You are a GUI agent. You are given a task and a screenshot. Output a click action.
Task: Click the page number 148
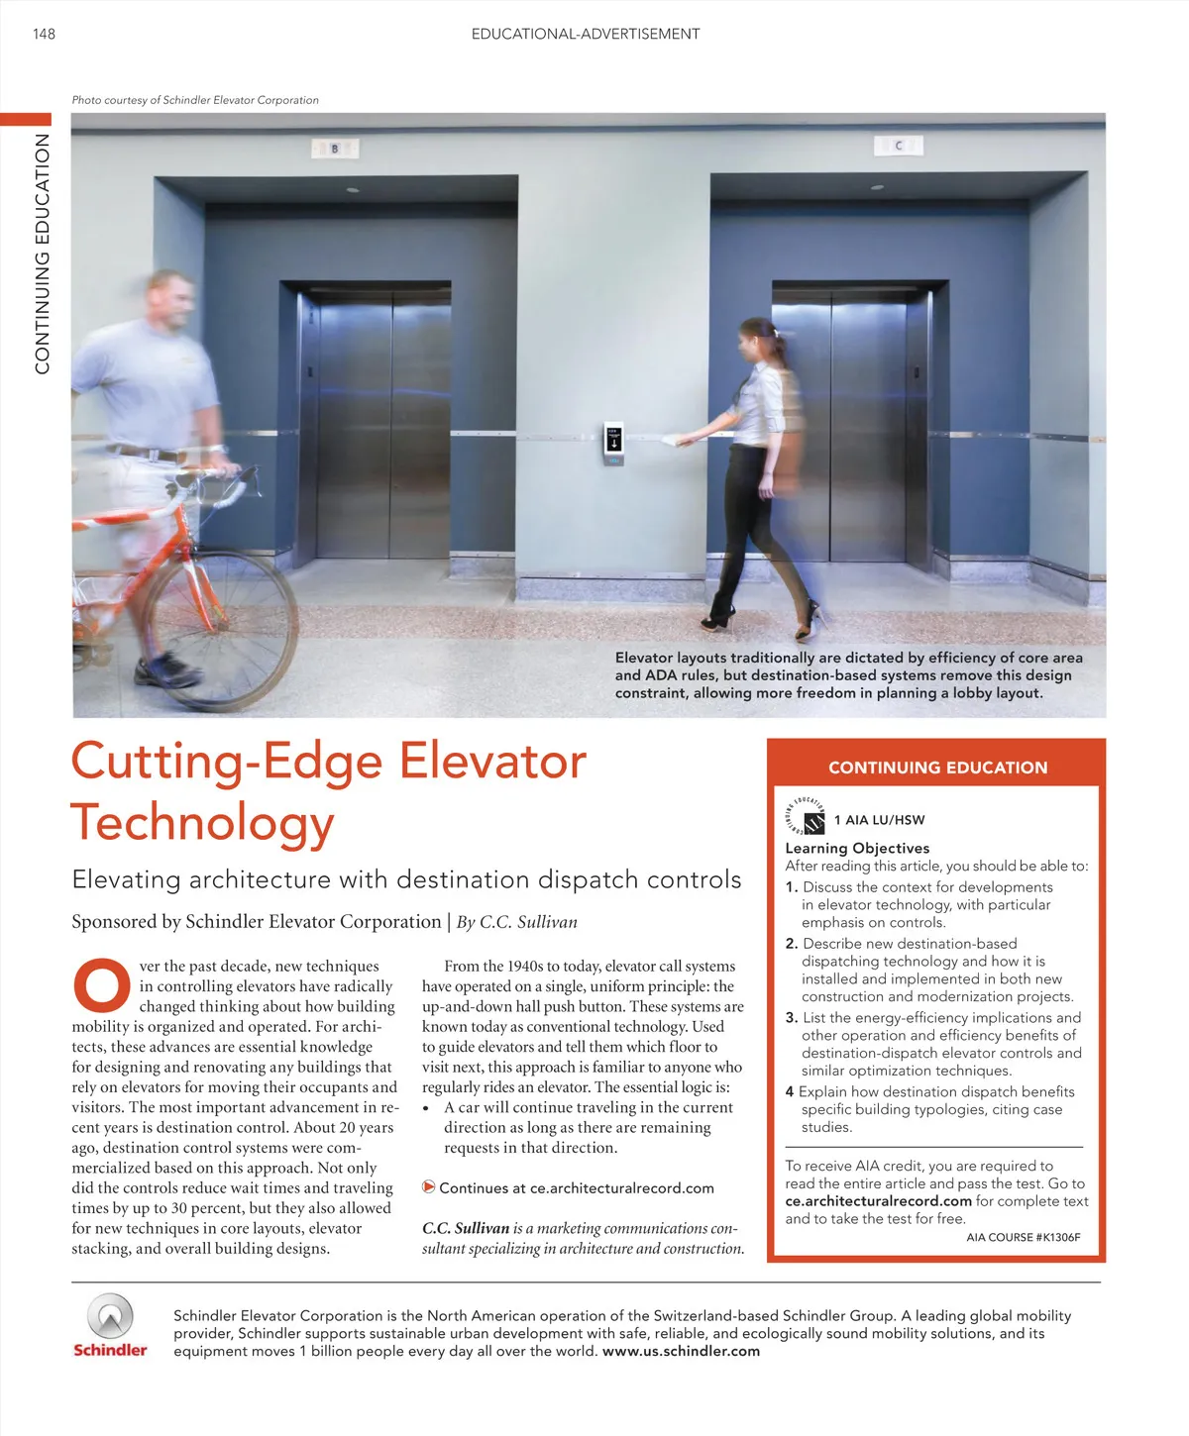point(44,34)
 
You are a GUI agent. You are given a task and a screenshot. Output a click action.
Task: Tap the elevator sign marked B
point(335,149)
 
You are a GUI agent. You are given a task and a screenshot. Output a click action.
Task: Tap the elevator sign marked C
point(899,146)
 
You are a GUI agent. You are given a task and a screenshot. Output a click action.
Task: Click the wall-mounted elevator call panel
point(614,443)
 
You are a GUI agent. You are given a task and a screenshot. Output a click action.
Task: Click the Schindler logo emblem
point(110,1316)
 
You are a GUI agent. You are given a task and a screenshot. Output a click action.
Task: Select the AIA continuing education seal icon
point(806,817)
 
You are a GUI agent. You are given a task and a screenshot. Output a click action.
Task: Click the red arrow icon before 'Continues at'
point(429,1186)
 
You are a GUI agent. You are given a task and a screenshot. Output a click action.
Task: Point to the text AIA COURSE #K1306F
point(1023,1237)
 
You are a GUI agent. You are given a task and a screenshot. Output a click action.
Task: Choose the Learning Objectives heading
point(857,848)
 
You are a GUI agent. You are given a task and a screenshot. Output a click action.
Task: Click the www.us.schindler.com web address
point(681,1351)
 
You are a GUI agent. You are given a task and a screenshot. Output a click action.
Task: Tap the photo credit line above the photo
point(195,100)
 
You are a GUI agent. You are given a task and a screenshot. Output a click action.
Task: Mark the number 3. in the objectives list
point(792,1017)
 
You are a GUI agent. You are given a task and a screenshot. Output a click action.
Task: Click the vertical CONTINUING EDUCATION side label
point(43,254)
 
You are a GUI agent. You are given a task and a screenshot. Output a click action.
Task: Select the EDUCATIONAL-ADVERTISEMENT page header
point(586,34)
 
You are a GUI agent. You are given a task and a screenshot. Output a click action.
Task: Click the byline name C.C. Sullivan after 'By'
point(528,922)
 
